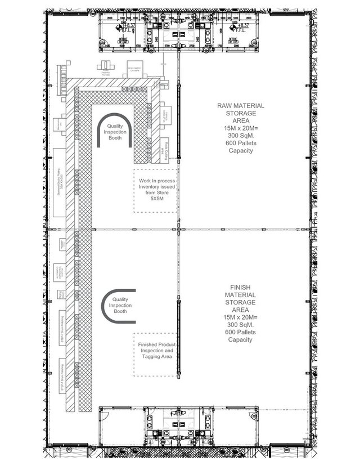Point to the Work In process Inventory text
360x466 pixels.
click(x=155, y=184)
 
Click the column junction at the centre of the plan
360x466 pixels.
click(x=178, y=230)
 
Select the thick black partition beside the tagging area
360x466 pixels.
click(x=178, y=338)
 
